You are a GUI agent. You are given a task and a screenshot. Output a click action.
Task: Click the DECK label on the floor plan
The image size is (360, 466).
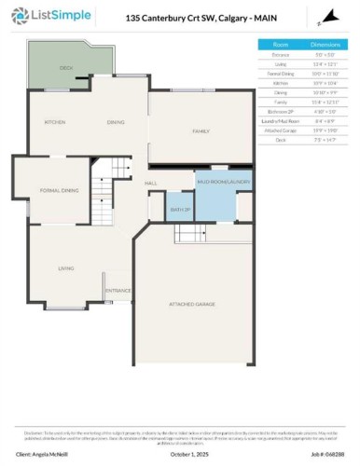point(66,68)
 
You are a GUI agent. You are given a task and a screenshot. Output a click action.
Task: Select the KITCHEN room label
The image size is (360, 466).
point(56,122)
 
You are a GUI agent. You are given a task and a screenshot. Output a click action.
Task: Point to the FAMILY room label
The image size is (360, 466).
point(201,131)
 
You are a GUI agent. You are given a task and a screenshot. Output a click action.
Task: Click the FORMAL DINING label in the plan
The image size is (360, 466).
point(58,190)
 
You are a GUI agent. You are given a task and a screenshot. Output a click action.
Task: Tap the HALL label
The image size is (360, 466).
point(150,184)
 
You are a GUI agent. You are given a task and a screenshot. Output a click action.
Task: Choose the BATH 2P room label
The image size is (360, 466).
point(179,210)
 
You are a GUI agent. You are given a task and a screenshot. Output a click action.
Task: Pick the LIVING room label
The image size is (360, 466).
point(66,268)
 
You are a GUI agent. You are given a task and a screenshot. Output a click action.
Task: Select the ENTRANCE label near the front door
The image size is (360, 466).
point(118,291)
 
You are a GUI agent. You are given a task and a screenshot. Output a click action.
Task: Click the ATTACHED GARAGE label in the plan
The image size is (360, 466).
point(192,304)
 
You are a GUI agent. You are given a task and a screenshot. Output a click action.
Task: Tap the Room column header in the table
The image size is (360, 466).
point(280,44)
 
